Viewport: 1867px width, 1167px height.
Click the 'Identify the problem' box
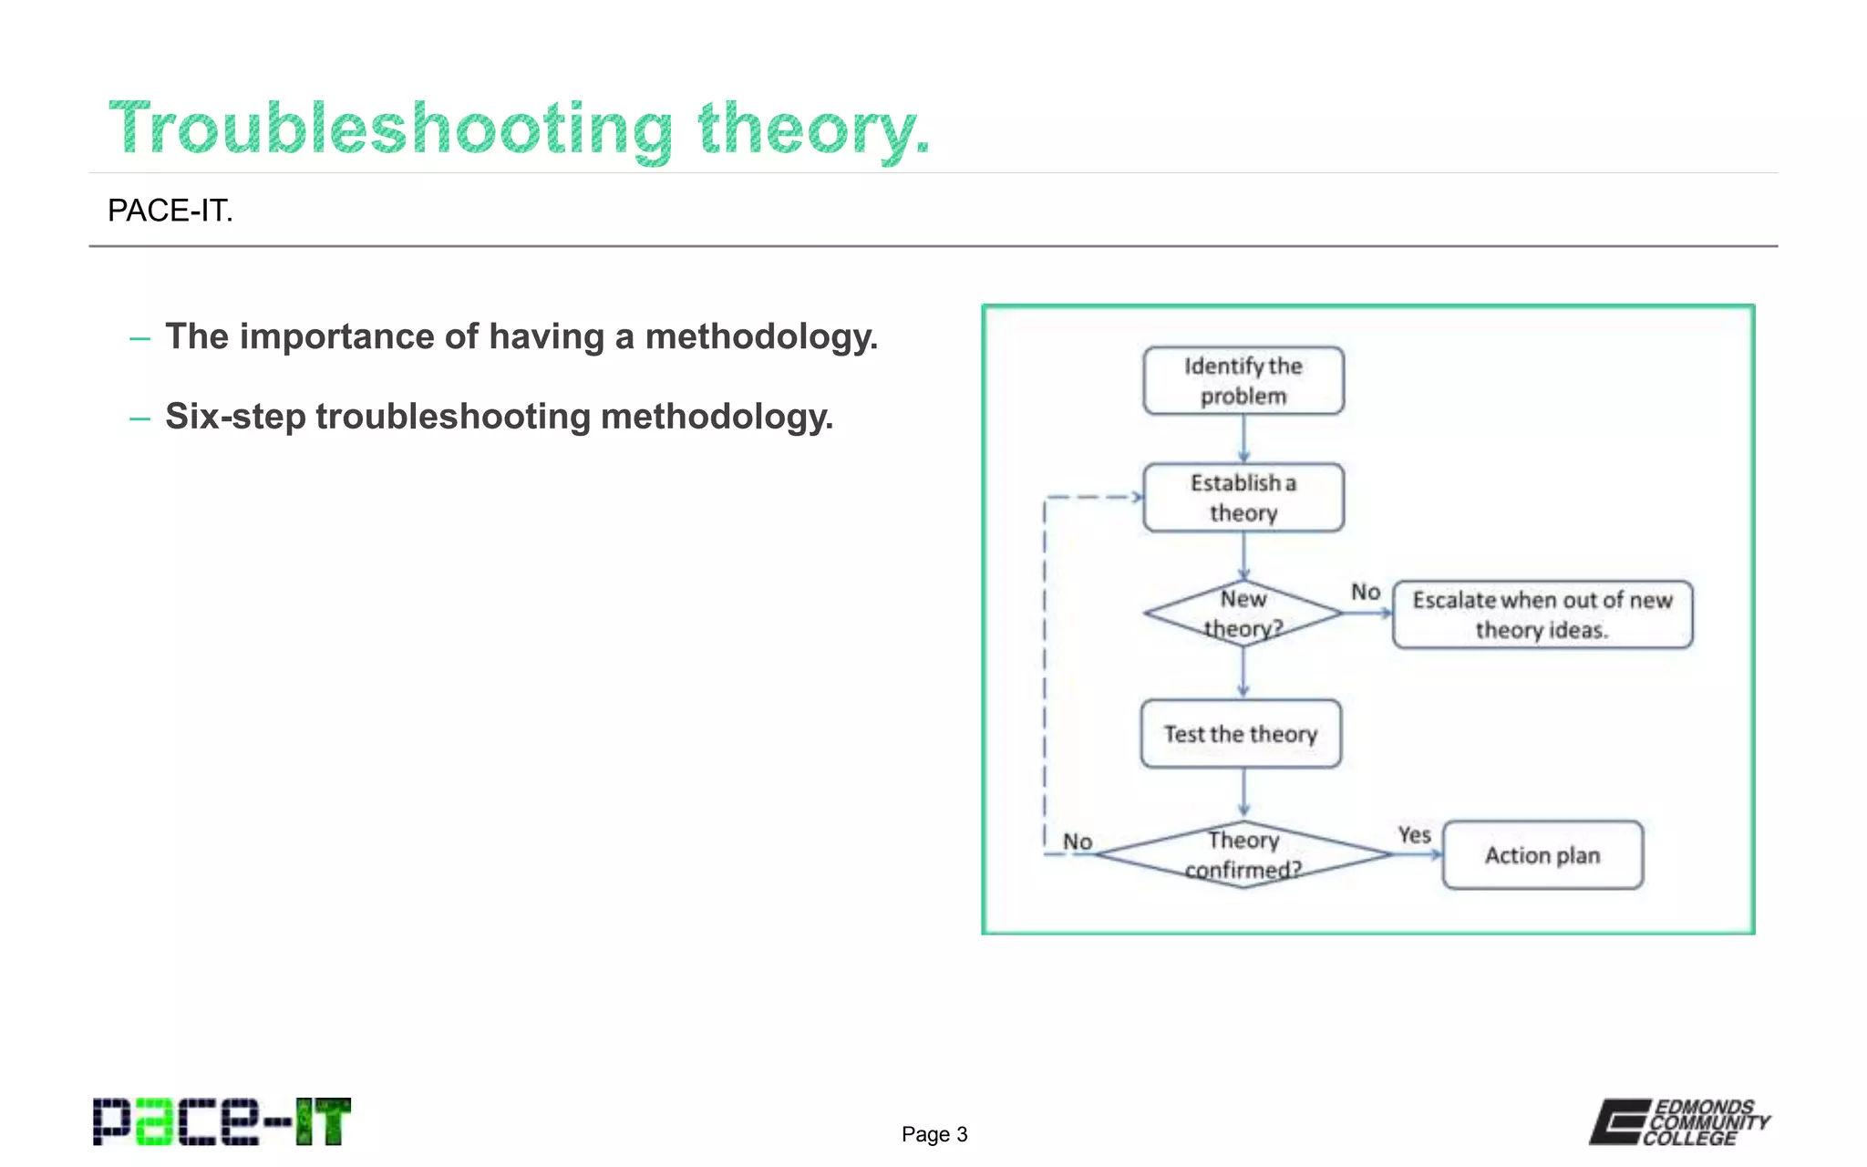(1243, 381)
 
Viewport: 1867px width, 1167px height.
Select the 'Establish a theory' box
(1243, 498)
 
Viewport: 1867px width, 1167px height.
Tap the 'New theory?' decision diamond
(1243, 614)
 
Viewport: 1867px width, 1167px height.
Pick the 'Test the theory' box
(1241, 734)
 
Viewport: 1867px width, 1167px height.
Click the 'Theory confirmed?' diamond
(1243, 854)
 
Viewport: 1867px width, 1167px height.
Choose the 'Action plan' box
(1542, 855)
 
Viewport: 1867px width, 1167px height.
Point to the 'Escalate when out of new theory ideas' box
(1542, 614)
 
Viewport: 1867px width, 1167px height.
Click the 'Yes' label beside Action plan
(1414, 834)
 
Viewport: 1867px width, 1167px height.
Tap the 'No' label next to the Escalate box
(1365, 592)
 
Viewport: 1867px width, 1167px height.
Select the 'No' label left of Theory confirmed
(1078, 842)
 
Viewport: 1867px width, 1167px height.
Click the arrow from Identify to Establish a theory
(1243, 439)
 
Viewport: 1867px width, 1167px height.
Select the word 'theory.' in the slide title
(813, 129)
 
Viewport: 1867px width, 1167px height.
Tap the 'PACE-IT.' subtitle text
(170, 211)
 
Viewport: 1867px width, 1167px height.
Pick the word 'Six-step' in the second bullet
(235, 417)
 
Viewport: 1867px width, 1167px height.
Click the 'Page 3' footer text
(934, 1134)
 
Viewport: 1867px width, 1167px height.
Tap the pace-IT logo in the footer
(222, 1121)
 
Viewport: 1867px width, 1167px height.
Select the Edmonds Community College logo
(1680, 1121)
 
